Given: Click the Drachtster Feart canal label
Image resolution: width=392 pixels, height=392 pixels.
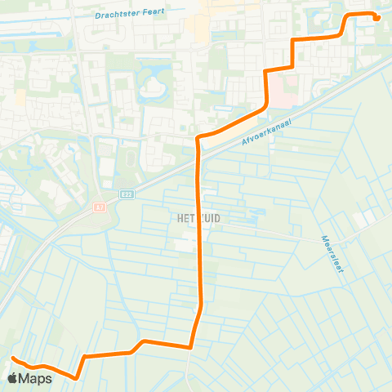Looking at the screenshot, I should click(128, 14).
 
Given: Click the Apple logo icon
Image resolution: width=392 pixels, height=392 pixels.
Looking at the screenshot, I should click(13, 378).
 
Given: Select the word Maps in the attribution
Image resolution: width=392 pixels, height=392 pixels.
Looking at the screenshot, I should click(37, 378).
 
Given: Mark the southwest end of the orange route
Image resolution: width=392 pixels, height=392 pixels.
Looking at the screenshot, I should click(12, 359).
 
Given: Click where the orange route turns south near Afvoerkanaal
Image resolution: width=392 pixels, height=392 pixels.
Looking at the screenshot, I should click(198, 138).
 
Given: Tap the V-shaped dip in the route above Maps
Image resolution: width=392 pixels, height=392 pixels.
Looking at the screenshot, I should click(75, 377).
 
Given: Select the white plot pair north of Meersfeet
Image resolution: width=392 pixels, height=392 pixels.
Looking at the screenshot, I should click(364, 217).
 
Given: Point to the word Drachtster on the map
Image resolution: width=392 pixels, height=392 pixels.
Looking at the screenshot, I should click(116, 14).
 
